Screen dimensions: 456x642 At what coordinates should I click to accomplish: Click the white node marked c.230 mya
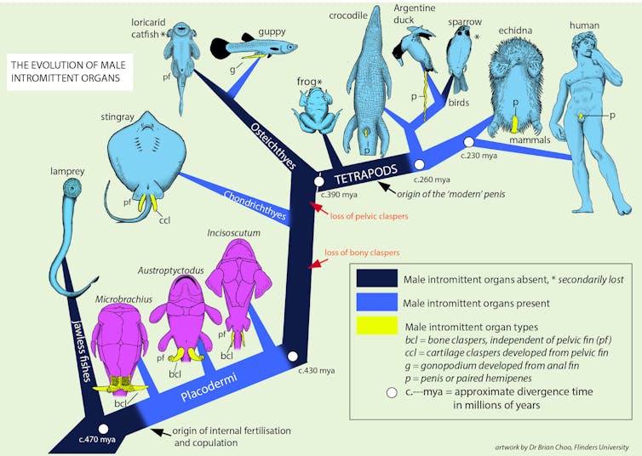point(467,142)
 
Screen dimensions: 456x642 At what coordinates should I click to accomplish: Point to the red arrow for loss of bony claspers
point(314,265)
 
